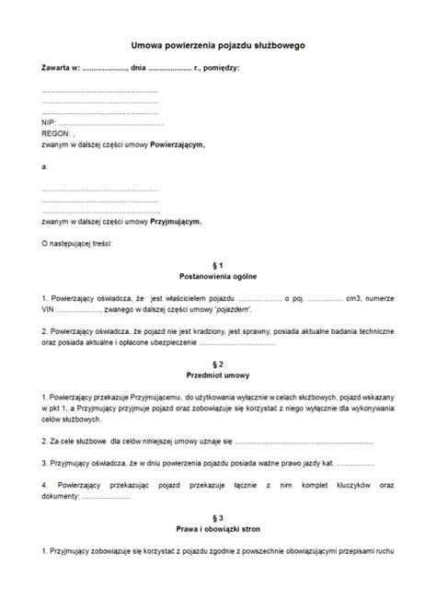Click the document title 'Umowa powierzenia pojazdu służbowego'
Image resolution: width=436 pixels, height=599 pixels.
(218, 43)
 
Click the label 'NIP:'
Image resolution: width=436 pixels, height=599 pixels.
(49, 122)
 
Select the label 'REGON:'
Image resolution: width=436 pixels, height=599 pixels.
(56, 133)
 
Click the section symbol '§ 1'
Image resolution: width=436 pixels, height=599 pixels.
(218, 265)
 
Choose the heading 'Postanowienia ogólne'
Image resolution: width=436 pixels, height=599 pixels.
(218, 276)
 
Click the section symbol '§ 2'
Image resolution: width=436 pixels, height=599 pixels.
(218, 364)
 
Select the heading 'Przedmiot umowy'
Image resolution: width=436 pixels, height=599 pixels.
(218, 375)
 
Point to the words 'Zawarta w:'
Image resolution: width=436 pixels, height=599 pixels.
(61, 68)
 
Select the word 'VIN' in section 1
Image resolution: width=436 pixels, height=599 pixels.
(49, 311)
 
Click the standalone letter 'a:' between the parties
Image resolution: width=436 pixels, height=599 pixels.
(45, 167)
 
